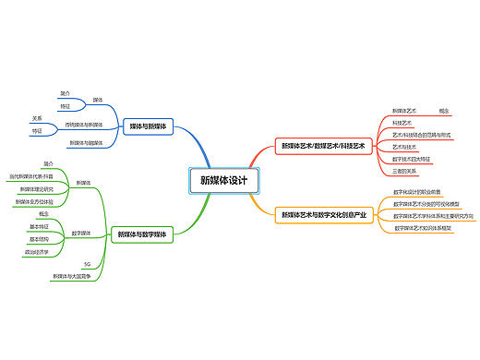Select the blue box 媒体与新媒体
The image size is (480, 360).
(x=148, y=126)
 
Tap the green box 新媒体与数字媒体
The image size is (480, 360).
(x=141, y=234)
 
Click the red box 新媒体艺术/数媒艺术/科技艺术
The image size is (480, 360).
(x=323, y=146)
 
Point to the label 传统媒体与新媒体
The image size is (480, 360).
(x=84, y=125)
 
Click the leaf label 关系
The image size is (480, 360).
(x=37, y=118)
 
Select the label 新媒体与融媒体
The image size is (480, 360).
(x=86, y=143)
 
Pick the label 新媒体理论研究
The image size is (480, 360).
(x=37, y=188)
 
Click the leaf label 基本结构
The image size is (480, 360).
(x=39, y=238)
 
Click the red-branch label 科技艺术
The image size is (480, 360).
(x=402, y=122)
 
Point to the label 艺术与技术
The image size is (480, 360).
(x=404, y=146)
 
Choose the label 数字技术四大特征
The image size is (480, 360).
(x=409, y=159)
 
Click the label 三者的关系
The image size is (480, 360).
(x=404, y=171)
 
